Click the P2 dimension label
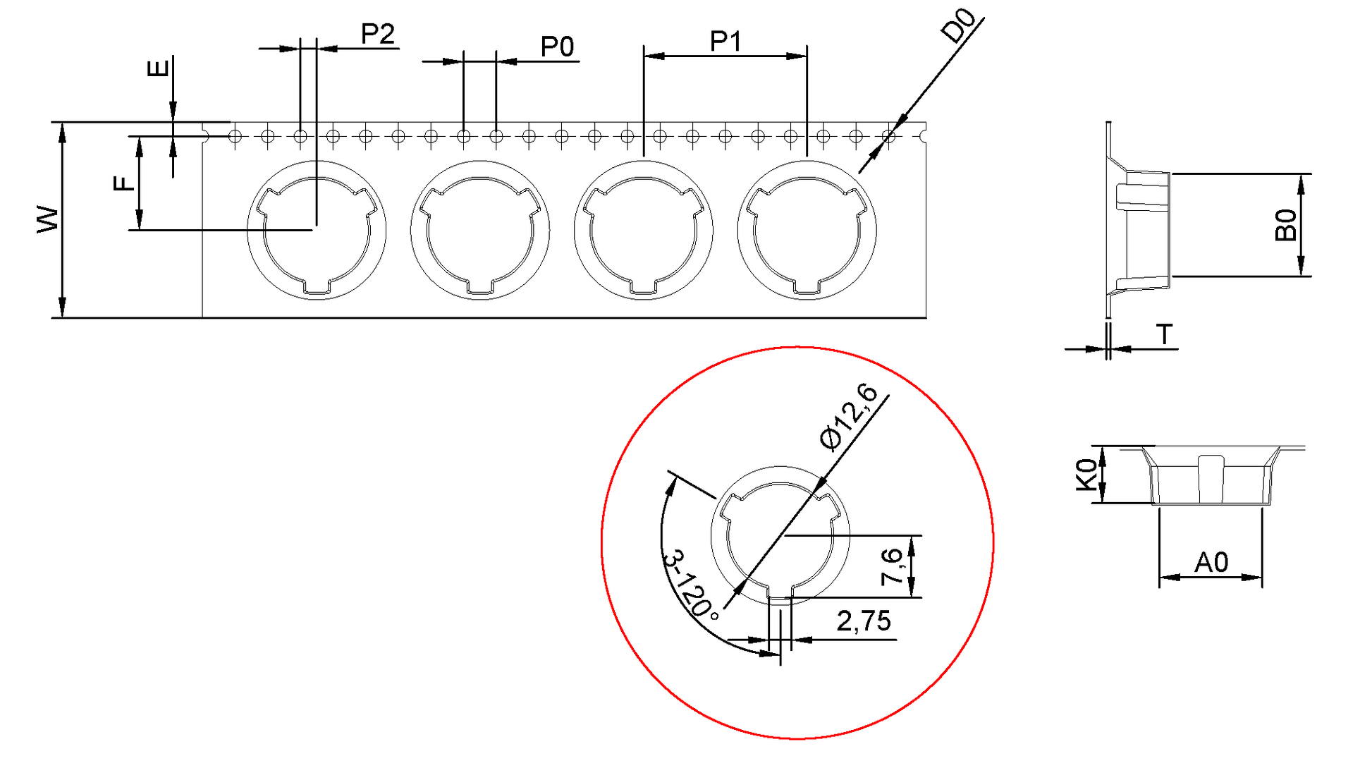point(377,34)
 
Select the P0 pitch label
point(557,47)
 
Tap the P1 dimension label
point(725,42)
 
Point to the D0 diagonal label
point(959,26)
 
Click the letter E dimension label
point(158,68)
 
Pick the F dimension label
point(124,183)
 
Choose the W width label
point(48,219)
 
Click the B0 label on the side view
point(1286,225)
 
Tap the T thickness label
point(1164,334)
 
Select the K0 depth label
point(1086,474)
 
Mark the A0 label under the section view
point(1211,562)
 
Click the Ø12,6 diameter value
point(849,416)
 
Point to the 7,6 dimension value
point(892,566)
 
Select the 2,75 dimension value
point(864,621)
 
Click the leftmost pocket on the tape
point(317,230)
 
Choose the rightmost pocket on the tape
point(807,230)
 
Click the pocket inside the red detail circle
point(780,536)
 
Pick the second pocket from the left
point(480,230)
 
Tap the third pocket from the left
point(643,230)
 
